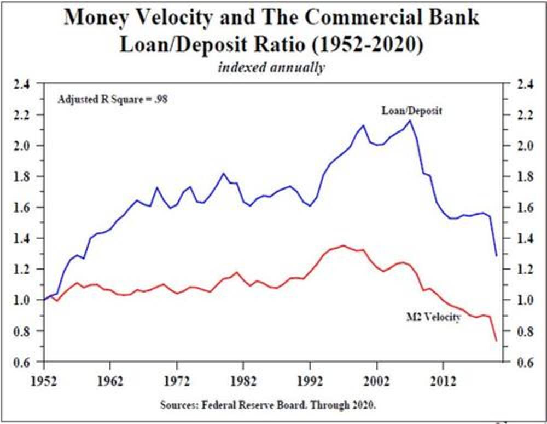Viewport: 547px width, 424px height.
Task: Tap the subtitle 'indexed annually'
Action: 271,68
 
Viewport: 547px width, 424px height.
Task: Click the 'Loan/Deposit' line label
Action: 411,111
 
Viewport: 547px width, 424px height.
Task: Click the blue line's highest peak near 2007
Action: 410,121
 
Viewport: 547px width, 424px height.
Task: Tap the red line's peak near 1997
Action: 343,245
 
